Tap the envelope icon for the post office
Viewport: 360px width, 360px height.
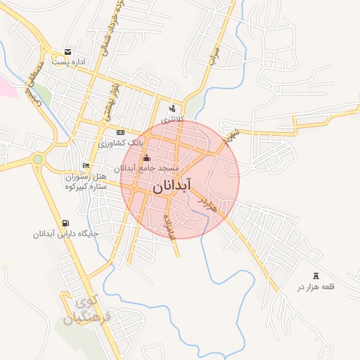[67, 51]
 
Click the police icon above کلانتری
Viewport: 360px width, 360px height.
[172, 108]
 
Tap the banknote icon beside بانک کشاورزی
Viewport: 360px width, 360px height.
[120, 132]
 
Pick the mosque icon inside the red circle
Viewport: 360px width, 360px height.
[146, 158]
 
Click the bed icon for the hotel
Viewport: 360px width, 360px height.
[86, 165]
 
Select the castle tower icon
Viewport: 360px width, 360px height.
[315, 276]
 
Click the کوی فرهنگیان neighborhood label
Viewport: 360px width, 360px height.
[84, 311]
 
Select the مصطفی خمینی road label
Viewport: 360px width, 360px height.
[33, 83]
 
